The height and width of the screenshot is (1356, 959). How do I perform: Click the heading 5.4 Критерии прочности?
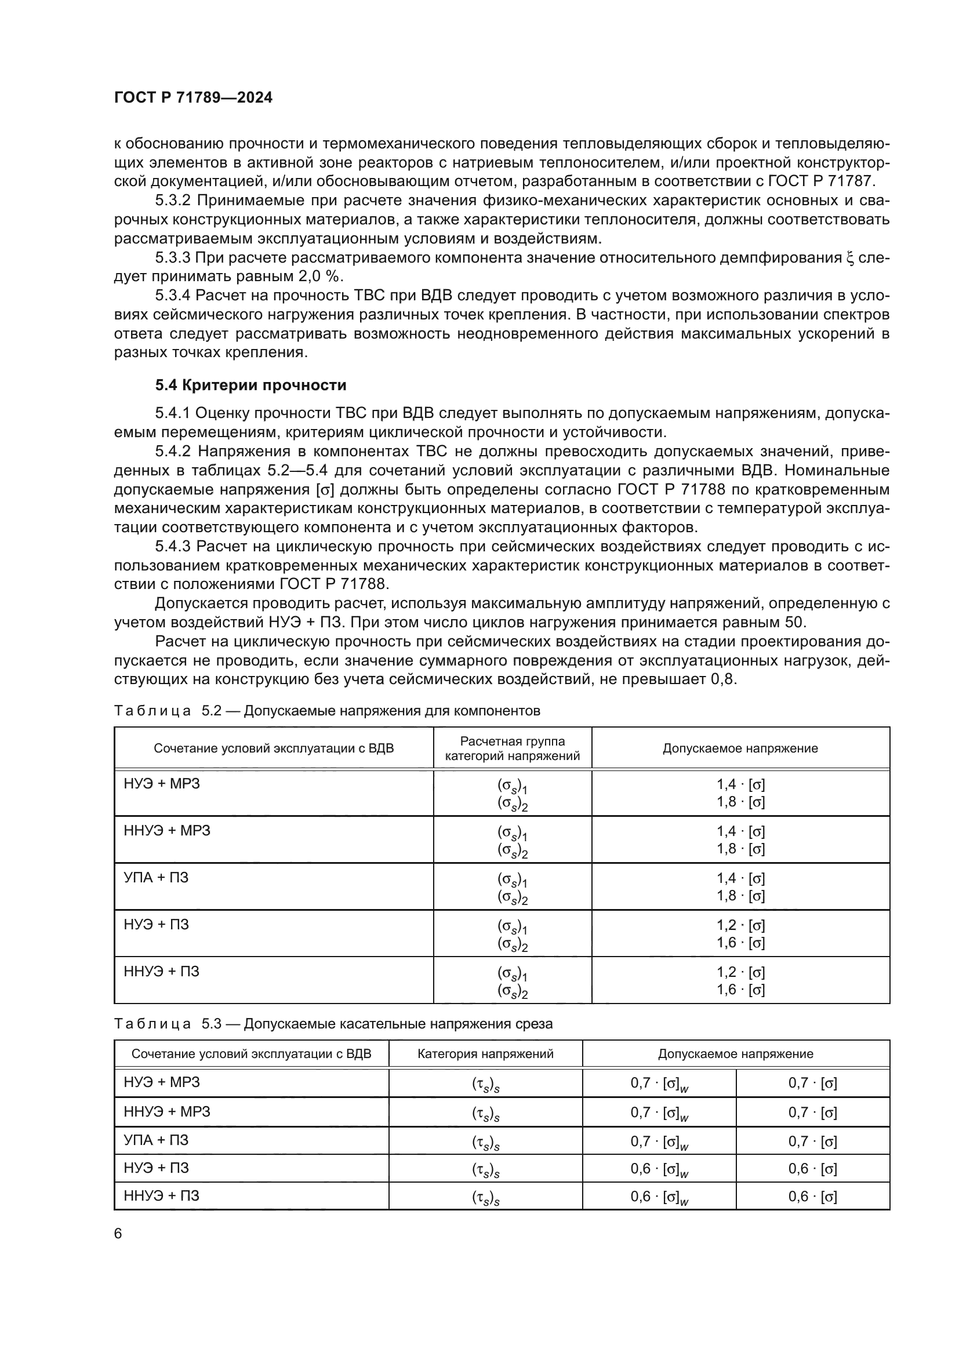tap(250, 386)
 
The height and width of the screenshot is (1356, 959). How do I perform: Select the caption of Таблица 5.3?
tap(333, 1023)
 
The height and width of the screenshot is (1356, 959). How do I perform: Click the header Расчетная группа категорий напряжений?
tap(512, 748)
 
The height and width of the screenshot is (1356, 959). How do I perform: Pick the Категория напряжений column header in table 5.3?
tap(485, 1053)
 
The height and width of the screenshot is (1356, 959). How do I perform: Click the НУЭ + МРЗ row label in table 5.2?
tap(162, 784)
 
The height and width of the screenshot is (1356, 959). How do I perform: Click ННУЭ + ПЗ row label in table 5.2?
tap(161, 971)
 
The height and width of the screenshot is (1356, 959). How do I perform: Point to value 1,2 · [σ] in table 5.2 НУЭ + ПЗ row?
tap(740, 925)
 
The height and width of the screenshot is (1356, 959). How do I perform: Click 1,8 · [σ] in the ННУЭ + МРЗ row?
tap(740, 849)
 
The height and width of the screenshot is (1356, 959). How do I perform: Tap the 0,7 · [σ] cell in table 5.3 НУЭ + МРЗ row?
tap(812, 1082)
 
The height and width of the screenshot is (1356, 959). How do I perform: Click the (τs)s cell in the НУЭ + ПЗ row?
tap(485, 1169)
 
